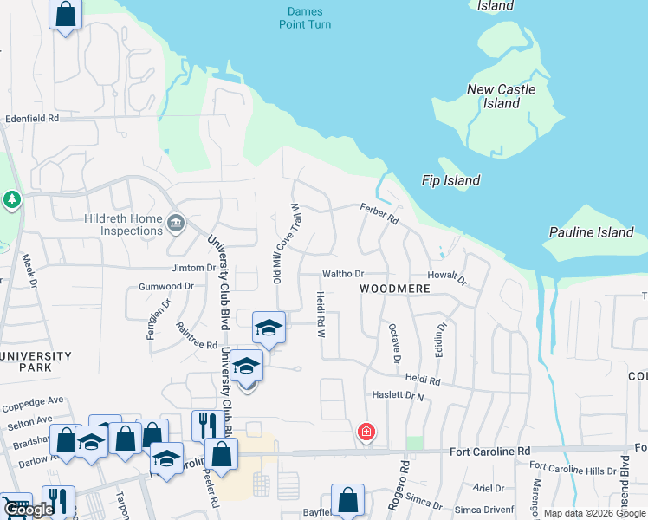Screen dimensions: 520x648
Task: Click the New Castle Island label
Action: (501, 96)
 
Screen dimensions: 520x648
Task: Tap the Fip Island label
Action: (450, 180)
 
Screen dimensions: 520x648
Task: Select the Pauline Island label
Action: (592, 232)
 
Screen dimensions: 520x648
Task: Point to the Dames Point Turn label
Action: (305, 18)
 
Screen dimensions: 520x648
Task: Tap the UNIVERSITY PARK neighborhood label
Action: (36, 361)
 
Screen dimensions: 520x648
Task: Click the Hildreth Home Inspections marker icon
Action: (175, 223)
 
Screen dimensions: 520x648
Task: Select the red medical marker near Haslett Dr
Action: (366, 431)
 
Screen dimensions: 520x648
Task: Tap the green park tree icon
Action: (11, 201)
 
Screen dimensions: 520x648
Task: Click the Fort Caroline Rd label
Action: (489, 452)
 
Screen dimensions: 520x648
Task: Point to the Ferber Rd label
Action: (379, 213)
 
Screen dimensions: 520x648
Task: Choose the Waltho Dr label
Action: (342, 274)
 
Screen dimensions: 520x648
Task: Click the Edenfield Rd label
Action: (31, 117)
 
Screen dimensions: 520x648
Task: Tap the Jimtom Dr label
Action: (193, 268)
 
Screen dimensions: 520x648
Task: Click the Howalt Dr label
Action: (447, 277)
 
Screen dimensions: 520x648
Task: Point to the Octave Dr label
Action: (394, 344)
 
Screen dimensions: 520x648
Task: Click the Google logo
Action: (29, 510)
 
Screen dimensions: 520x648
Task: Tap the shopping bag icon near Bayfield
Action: (347, 499)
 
